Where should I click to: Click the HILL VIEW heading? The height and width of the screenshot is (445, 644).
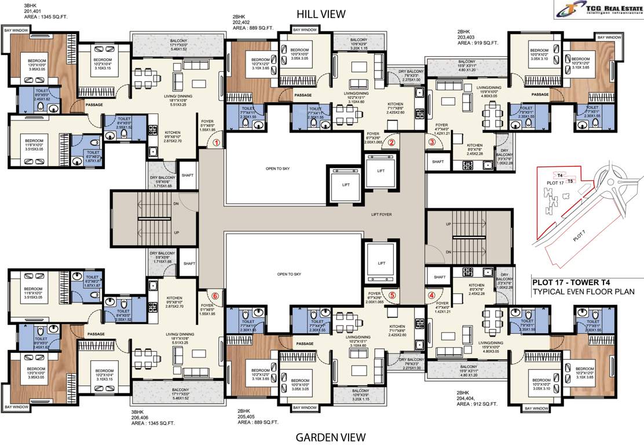(320, 13)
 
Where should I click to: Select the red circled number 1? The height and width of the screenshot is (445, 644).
(216, 141)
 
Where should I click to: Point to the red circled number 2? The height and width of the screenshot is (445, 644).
(391, 142)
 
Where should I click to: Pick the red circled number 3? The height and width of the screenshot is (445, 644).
(432, 141)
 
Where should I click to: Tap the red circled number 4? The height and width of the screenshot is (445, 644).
(431, 294)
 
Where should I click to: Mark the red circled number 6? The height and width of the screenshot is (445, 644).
(215, 296)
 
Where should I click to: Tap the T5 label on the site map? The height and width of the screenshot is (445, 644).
(571, 181)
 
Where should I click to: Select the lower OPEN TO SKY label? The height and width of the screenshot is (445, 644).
(290, 274)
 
